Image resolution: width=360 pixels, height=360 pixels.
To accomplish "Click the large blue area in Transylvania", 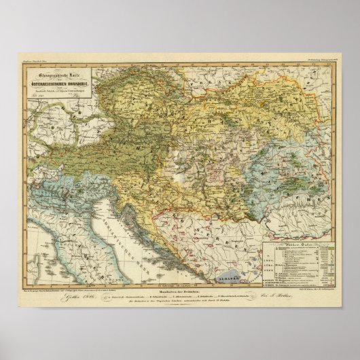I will coord(292,166).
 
